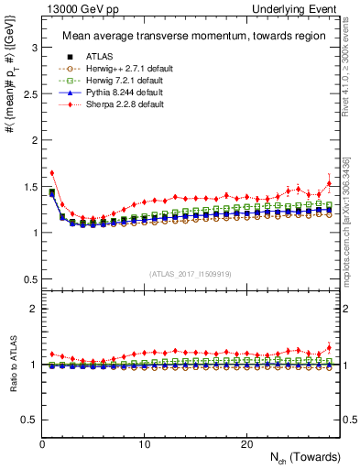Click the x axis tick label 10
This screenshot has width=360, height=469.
click(x=145, y=444)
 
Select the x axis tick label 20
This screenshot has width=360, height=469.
click(x=246, y=444)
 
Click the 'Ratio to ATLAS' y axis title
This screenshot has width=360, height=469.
click(x=12, y=367)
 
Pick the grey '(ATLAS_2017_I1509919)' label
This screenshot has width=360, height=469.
click(x=191, y=274)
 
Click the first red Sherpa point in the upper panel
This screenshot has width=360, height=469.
click(x=52, y=172)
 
